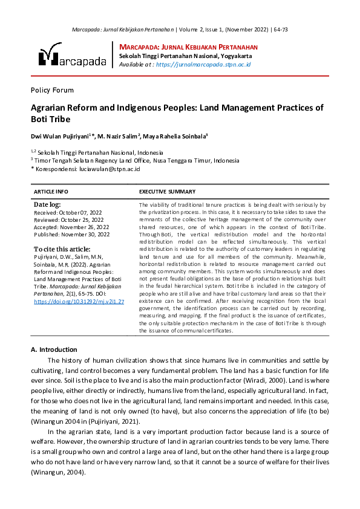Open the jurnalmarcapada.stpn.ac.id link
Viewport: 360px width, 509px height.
pos(203,64)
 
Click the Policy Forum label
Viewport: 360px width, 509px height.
pos(52,90)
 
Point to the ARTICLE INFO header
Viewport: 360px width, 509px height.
pos(51,191)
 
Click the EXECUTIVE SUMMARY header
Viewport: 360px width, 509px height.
pos(168,191)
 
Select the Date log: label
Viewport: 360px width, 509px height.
pos(47,205)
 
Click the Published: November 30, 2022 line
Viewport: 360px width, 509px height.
pos(71,234)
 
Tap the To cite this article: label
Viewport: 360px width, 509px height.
pos(62,248)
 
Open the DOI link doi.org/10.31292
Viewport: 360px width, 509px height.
pos(79,301)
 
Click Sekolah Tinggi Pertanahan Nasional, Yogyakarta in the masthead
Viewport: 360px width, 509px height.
pos(186,56)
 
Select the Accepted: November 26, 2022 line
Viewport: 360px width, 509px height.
pos(71,227)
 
